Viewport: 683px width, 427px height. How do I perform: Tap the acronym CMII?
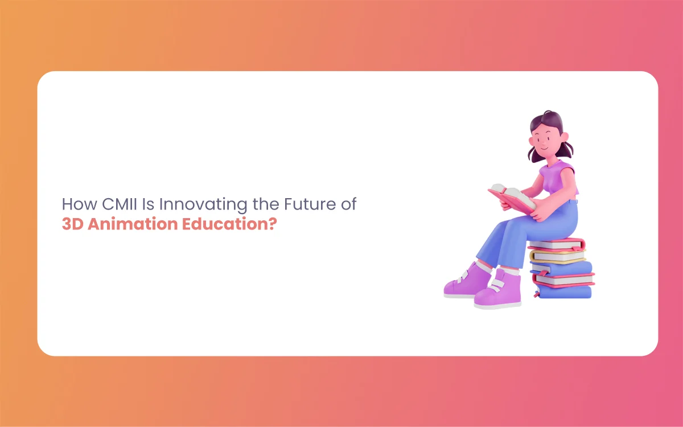pyautogui.click(x=119, y=204)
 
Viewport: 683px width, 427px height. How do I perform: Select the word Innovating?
pyautogui.click(x=203, y=205)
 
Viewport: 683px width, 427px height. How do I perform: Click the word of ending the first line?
pyautogui.click(x=348, y=204)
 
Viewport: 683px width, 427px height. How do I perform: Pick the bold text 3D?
pyautogui.click(x=73, y=224)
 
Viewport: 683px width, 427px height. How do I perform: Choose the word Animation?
pyautogui.click(x=133, y=224)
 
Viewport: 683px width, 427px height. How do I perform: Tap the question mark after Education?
pyautogui.click(x=273, y=224)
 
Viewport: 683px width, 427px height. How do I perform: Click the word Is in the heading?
pyautogui.click(x=148, y=204)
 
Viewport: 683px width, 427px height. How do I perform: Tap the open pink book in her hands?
pyautogui.click(x=512, y=198)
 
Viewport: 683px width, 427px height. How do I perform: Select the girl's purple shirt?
pyautogui.click(x=558, y=178)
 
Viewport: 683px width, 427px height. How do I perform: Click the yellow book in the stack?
pyautogui.click(x=558, y=256)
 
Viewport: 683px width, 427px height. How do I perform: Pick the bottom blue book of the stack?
pyautogui.click(x=564, y=291)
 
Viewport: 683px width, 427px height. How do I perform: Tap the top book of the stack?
pyautogui.click(x=557, y=244)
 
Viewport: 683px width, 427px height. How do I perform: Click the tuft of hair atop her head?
pyautogui.click(x=549, y=113)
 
